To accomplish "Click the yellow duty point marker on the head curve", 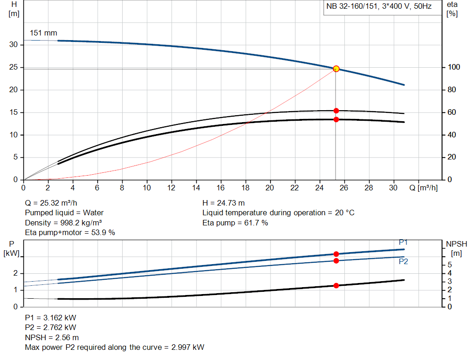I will pyautogui.click(x=336, y=69).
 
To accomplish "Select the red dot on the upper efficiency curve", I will pyautogui.click(x=336, y=111).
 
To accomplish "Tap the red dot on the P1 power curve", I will pyautogui.click(x=336, y=254).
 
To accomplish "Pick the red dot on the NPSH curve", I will pyautogui.click(x=336, y=286).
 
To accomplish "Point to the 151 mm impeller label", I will pyautogui.click(x=43, y=33).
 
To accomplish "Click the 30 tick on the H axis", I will pyautogui.click(x=14, y=45).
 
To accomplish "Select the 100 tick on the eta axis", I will pyautogui.click(x=454, y=67).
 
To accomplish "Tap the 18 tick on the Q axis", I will pyautogui.click(x=245, y=188).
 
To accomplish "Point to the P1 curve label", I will pyautogui.click(x=403, y=242).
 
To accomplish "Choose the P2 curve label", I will pyautogui.click(x=403, y=261).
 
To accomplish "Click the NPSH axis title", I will pyautogui.click(x=456, y=244).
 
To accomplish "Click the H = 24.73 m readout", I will pyautogui.click(x=224, y=203).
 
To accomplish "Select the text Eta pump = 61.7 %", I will pyautogui.click(x=235, y=223).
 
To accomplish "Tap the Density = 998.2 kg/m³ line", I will pyautogui.click(x=63, y=223).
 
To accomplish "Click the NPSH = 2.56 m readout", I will pyautogui.click(x=52, y=337).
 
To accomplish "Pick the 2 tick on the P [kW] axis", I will pyautogui.click(x=16, y=273).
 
